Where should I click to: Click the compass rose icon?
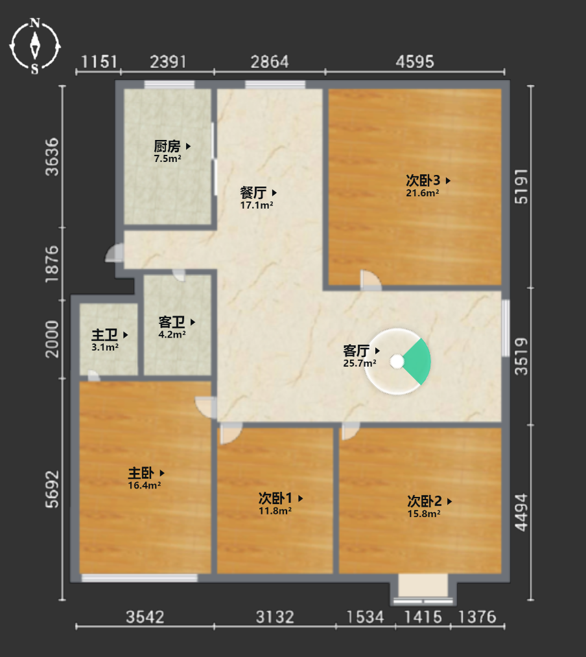pyautogui.click(x=35, y=46)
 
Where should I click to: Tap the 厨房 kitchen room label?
pyautogui.click(x=167, y=146)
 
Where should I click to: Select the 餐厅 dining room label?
pyautogui.click(x=253, y=192)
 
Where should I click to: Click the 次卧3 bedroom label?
pyautogui.click(x=423, y=181)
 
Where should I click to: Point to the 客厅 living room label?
pyautogui.click(x=357, y=351)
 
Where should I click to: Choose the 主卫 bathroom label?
pyautogui.click(x=105, y=335)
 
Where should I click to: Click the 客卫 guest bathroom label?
pyautogui.click(x=172, y=322)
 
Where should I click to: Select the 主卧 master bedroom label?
pyautogui.click(x=141, y=473)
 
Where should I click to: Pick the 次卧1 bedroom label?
pyautogui.click(x=275, y=498)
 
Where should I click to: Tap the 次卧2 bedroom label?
pyautogui.click(x=424, y=501)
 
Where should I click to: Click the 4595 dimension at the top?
pyautogui.click(x=415, y=62)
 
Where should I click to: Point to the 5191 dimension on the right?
pyautogui.click(x=521, y=187)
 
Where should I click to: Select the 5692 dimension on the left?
pyautogui.click(x=52, y=489)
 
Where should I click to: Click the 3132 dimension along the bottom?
pyautogui.click(x=275, y=617)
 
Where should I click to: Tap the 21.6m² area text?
pyautogui.click(x=423, y=193)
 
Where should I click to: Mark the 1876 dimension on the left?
pyautogui.click(x=52, y=264)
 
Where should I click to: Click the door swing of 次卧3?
pyautogui.click(x=371, y=280)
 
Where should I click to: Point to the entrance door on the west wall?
pyautogui.click(x=114, y=253)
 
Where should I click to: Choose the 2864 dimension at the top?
pyautogui.click(x=270, y=62)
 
